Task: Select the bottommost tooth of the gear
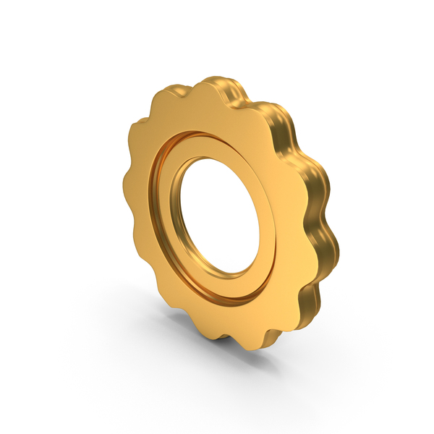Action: [250, 340]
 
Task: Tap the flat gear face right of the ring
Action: [293, 217]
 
